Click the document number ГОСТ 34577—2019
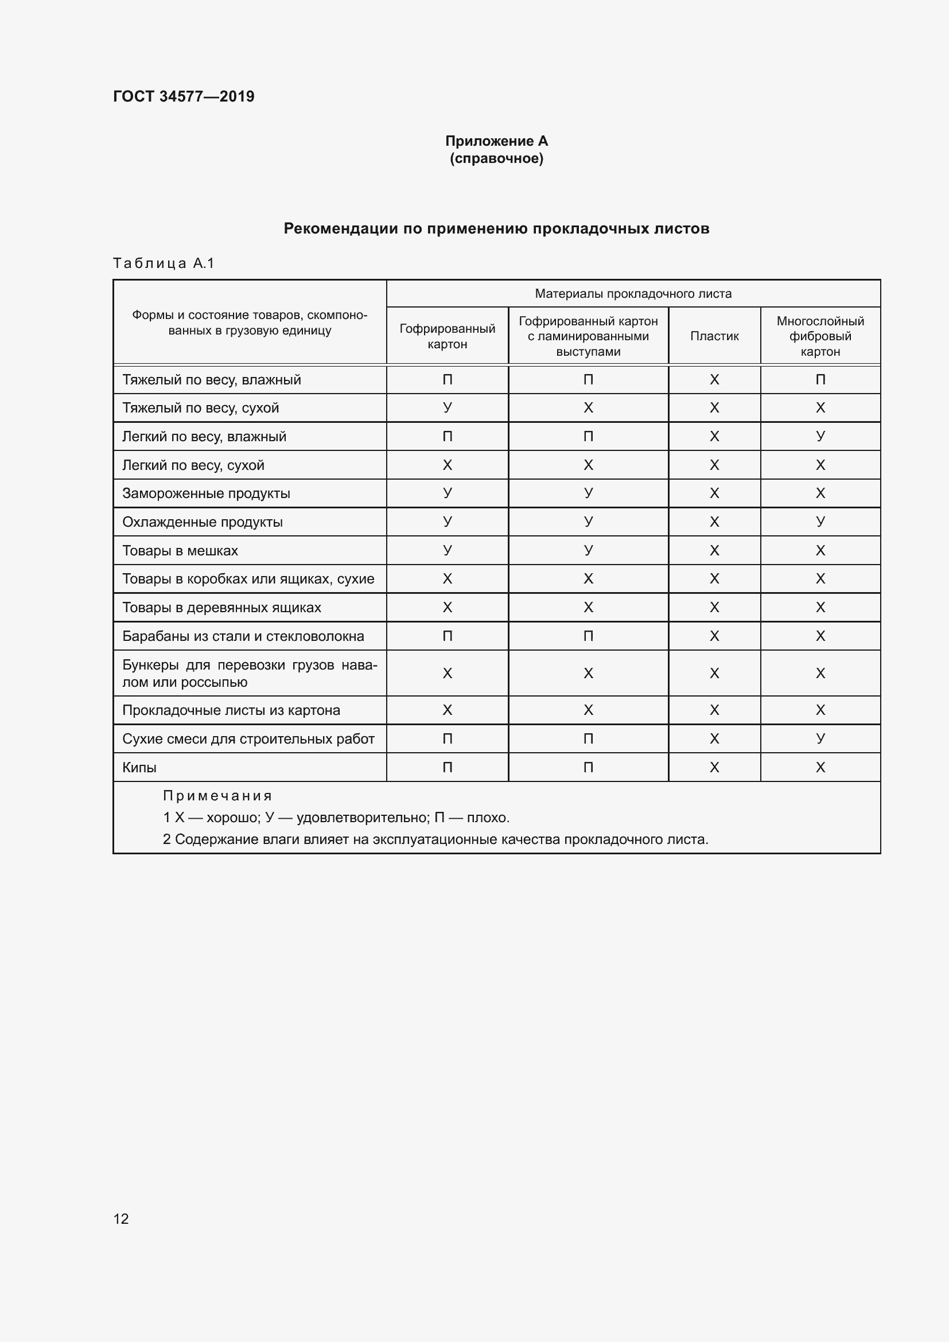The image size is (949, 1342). pyautogui.click(x=184, y=96)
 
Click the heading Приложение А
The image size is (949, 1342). pyautogui.click(x=496, y=141)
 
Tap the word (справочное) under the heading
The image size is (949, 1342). pyautogui.click(x=496, y=158)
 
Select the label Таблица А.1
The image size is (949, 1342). pyautogui.click(x=164, y=263)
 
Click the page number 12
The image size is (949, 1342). pyautogui.click(x=121, y=1219)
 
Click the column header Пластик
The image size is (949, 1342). pyautogui.click(x=714, y=336)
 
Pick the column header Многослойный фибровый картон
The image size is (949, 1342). pyautogui.click(x=820, y=336)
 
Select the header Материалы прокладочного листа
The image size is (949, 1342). pyautogui.click(x=633, y=293)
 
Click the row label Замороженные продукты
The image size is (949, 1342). pyautogui.click(x=206, y=493)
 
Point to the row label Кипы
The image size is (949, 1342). pyautogui.click(x=139, y=768)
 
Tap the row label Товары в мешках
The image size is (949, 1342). pyautogui.click(x=180, y=551)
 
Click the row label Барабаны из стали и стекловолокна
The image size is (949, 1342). pyautogui.click(x=243, y=636)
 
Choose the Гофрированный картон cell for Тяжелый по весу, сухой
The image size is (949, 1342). pyautogui.click(x=447, y=407)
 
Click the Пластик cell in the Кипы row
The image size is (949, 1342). pyautogui.click(x=714, y=768)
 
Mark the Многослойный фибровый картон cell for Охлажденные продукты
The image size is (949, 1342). pyautogui.click(x=820, y=522)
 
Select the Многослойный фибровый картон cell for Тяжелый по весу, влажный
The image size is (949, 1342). pyautogui.click(x=820, y=380)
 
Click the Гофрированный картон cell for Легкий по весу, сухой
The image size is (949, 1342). pyautogui.click(x=447, y=465)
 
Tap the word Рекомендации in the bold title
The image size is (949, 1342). pyautogui.click(x=341, y=228)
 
